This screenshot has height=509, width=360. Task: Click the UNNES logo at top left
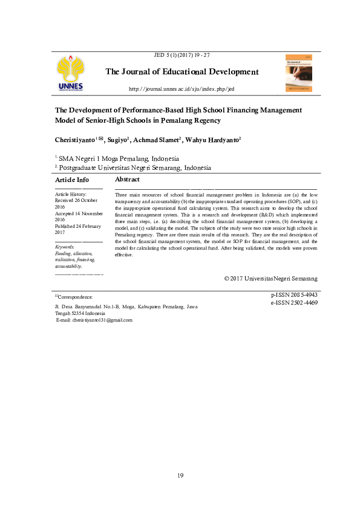tap(71, 74)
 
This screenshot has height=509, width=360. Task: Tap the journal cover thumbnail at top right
tap(298, 73)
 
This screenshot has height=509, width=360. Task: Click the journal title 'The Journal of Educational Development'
tap(182, 72)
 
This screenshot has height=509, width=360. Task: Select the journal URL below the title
tap(182, 89)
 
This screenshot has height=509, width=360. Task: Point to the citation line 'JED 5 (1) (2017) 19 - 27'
tap(182, 55)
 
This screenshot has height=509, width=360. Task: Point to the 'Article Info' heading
tap(72, 180)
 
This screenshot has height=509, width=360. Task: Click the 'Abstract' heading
tap(127, 180)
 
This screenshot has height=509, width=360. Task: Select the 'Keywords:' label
tap(65, 247)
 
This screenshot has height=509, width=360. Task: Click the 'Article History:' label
tap(71, 194)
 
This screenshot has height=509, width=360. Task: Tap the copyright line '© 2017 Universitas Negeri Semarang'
tap(270, 278)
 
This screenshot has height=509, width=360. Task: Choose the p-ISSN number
tap(294, 295)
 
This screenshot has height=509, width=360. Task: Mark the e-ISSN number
tap(294, 302)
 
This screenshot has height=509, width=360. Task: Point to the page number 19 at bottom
tap(180, 476)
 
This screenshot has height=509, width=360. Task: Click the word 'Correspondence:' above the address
tap(76, 297)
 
